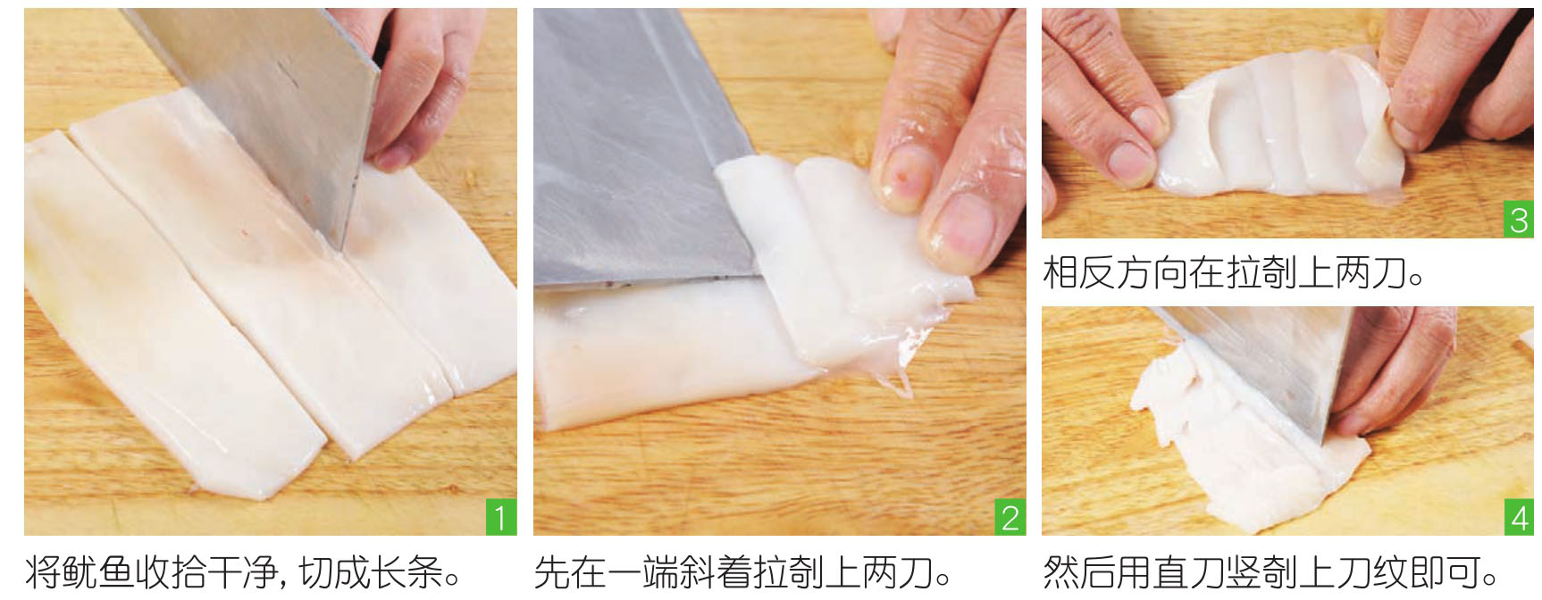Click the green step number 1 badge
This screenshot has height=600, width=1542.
(x=501, y=517)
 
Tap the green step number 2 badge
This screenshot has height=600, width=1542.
(x=1010, y=517)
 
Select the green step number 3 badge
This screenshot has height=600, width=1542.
(x=1519, y=220)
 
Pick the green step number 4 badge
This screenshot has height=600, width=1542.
(x=1519, y=517)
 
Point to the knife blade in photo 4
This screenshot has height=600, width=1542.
(x=1269, y=366)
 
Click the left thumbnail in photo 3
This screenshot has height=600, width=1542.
(x=1129, y=162)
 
